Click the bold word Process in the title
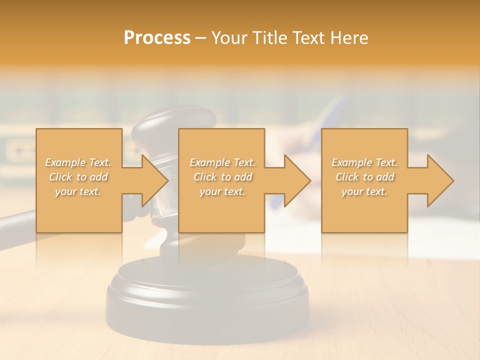point(157,38)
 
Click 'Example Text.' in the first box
point(78,162)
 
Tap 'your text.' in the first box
point(78,191)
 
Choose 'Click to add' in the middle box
point(222,177)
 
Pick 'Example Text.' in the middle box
point(222,162)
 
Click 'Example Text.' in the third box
point(364,162)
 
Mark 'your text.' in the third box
point(364,191)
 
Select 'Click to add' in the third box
point(364,177)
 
